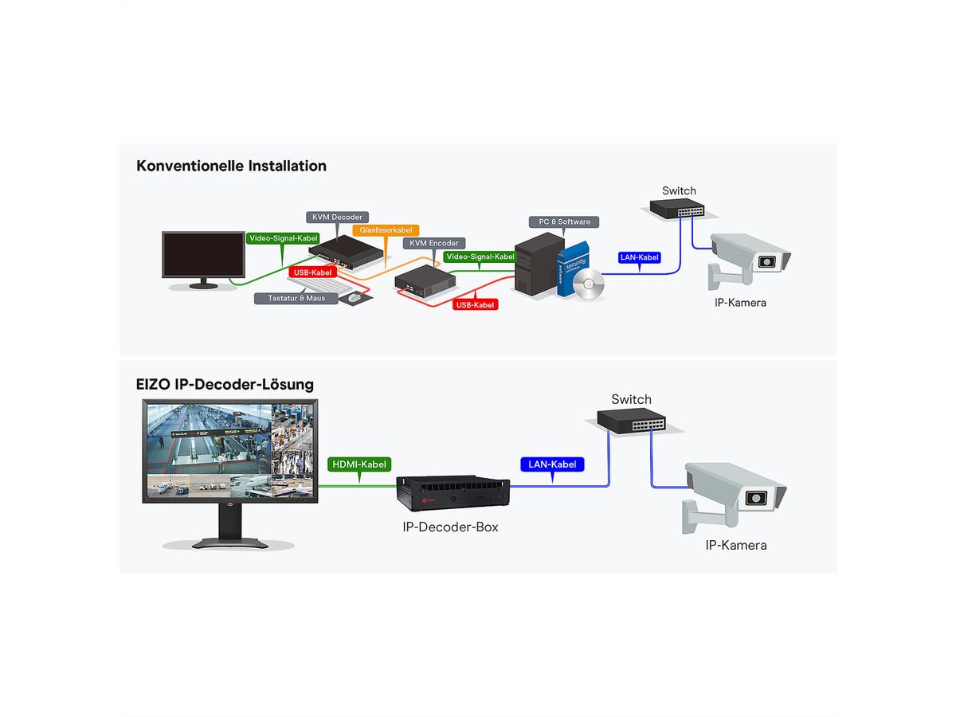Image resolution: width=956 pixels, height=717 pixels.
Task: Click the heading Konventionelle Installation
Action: pos(231,167)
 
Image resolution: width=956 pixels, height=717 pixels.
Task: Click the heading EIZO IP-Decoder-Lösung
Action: pos(225,384)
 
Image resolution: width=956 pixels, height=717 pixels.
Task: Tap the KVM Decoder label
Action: pos(335,217)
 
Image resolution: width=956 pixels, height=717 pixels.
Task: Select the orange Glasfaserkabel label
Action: pos(386,230)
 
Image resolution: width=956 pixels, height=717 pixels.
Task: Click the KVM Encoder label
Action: pos(434,243)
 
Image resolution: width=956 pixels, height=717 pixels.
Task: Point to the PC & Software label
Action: pos(564,221)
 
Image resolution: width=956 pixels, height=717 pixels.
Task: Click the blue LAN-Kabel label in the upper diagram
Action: pos(639,257)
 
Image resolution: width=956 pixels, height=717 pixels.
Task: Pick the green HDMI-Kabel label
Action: pos(359,464)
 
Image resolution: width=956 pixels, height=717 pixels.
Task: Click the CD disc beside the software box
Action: pos(589,284)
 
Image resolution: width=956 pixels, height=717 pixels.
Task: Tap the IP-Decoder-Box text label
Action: pos(450,527)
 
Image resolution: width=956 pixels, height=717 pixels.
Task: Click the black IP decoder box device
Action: pos(453,493)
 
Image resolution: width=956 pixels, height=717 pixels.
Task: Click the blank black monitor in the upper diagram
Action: pos(203,255)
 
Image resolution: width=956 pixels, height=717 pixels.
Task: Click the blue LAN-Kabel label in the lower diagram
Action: pos(551,464)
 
